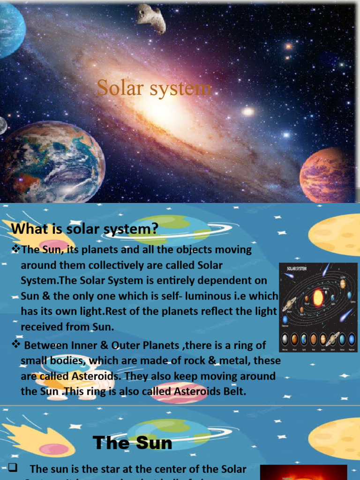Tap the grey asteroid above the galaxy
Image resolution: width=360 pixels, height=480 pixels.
[151, 18]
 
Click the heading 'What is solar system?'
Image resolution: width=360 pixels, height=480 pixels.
[85, 229]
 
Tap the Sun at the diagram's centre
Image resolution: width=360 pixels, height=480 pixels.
[318, 297]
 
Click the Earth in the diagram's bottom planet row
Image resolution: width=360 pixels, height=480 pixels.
[305, 339]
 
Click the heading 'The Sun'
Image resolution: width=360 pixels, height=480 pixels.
[132, 442]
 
